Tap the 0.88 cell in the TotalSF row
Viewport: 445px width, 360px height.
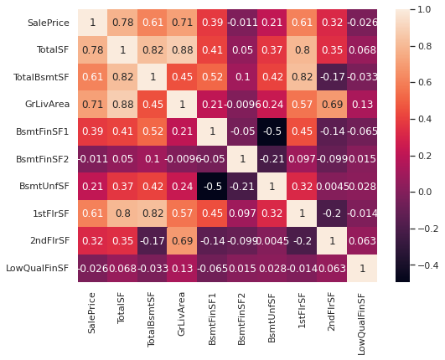tap(182, 50)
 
